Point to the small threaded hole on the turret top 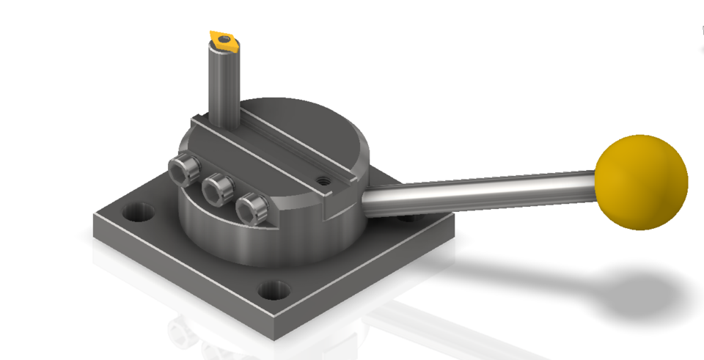coord(320,177)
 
